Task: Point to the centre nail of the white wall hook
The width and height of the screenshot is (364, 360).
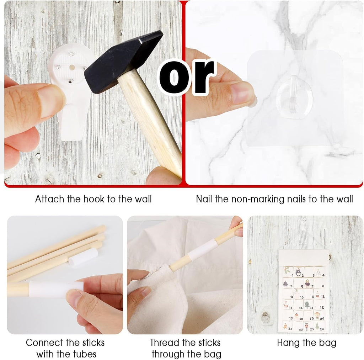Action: (x=72, y=67)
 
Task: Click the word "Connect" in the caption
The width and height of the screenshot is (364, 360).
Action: (x=44, y=343)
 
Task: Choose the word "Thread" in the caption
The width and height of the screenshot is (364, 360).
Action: (x=165, y=343)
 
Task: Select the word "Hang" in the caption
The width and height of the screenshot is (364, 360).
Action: (x=287, y=343)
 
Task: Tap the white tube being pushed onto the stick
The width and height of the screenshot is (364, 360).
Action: (x=56, y=290)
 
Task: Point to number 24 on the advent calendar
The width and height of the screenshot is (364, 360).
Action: (x=321, y=329)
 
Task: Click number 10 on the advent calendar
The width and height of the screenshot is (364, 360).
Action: (x=301, y=297)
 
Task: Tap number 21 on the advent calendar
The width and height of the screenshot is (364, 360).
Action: (x=290, y=329)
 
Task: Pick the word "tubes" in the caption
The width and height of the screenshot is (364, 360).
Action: (x=85, y=354)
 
